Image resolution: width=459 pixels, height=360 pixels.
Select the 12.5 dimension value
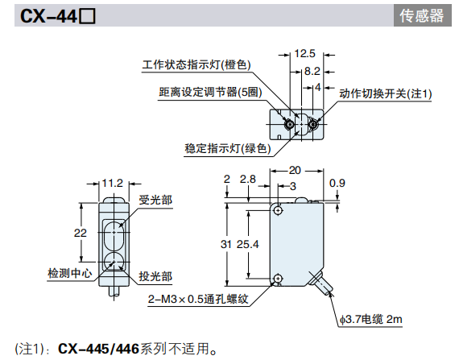tap(304, 54)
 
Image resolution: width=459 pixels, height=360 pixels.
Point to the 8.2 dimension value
tap(312, 71)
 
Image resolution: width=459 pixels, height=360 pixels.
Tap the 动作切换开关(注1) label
tap(385, 93)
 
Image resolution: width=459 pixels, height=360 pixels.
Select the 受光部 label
tap(155, 200)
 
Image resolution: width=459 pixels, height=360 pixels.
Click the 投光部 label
tap(155, 275)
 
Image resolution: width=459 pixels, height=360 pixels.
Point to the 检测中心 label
tap(69, 273)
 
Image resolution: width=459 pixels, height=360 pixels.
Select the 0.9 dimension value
tap(337, 183)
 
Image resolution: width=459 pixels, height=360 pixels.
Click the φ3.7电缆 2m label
tap(370, 321)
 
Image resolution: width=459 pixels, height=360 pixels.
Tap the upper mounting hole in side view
tap(278, 210)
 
